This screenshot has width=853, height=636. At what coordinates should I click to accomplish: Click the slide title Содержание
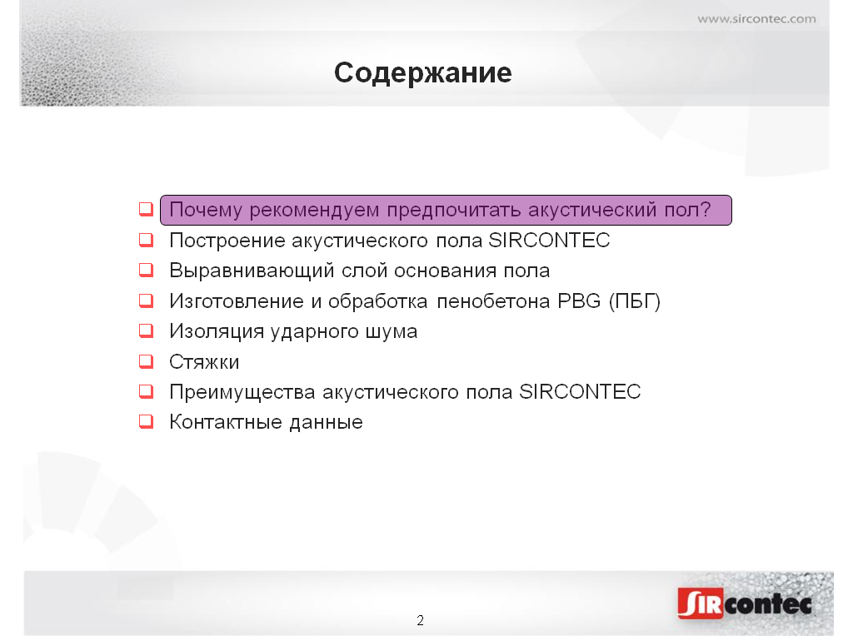(x=422, y=73)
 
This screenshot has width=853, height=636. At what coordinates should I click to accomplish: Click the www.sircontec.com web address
(x=756, y=19)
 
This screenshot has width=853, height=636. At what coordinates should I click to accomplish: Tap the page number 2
(x=420, y=620)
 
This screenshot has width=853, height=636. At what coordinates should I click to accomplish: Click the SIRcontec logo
(x=745, y=603)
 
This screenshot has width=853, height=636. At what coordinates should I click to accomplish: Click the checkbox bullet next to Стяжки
(x=147, y=361)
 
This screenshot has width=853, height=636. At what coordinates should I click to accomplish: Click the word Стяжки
(x=204, y=362)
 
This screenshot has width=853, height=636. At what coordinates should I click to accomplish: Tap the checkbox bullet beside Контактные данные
(x=147, y=421)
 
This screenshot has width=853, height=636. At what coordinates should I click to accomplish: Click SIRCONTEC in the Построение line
(x=549, y=241)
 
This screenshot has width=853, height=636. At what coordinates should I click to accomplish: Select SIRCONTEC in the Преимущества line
(x=580, y=392)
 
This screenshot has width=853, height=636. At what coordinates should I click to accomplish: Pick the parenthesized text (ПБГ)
(x=635, y=301)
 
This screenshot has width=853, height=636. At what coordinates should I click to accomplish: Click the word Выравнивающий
(x=252, y=271)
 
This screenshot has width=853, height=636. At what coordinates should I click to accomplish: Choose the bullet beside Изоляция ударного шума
(x=147, y=330)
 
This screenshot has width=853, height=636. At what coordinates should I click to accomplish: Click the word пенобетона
(x=493, y=301)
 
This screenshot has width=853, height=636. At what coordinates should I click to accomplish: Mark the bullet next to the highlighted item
(x=147, y=209)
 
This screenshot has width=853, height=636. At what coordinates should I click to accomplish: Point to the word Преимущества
(x=242, y=392)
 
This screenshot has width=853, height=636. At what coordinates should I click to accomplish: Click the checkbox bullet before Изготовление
(x=147, y=301)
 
